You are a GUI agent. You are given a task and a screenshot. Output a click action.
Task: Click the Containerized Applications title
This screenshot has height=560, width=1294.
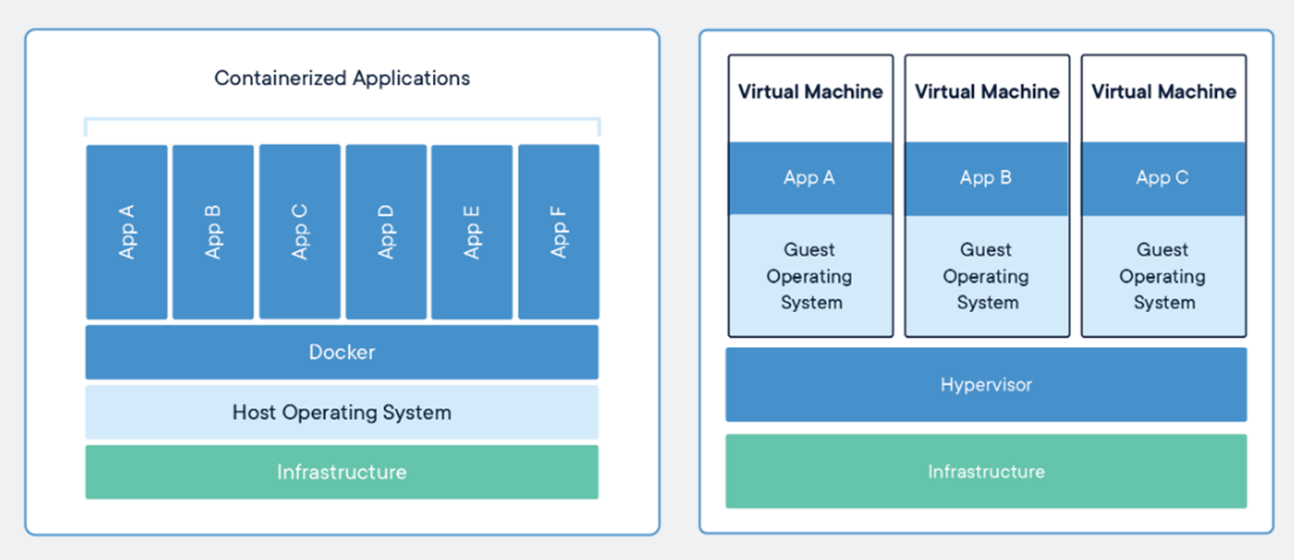[342, 78]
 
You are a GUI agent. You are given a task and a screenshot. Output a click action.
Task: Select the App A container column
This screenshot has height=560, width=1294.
[126, 232]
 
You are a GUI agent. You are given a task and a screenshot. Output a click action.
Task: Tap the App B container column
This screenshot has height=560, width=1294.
[213, 232]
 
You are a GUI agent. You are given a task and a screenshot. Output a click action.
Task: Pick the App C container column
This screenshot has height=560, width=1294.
[300, 231]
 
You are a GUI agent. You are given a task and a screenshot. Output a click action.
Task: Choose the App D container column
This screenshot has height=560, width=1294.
[386, 231]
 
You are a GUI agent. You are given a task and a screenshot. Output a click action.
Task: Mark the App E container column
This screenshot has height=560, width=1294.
[472, 232]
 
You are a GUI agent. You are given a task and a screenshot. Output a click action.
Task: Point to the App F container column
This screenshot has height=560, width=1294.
[558, 231]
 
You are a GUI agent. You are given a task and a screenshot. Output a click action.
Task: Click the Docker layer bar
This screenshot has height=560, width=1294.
[342, 352]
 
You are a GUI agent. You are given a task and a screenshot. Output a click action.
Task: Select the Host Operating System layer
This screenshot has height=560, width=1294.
[342, 412]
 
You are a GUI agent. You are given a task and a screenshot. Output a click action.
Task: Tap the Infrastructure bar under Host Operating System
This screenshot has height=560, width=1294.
[342, 472]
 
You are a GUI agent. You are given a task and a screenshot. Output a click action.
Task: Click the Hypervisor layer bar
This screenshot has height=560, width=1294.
[986, 385]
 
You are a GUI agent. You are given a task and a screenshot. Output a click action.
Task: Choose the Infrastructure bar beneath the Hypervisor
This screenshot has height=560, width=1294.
[986, 471]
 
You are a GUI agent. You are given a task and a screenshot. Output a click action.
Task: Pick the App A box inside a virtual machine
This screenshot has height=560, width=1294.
[811, 178]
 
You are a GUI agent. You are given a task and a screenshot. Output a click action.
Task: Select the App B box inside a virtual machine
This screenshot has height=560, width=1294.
[987, 178]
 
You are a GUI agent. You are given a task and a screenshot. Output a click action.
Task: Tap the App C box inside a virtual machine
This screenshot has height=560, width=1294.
[1163, 178]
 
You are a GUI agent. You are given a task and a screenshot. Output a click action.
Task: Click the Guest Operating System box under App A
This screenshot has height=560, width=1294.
[811, 275]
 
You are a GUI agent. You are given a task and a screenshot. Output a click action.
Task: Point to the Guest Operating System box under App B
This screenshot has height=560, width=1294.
[987, 276]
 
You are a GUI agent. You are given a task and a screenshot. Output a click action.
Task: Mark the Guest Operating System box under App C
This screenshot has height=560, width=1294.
[1163, 276]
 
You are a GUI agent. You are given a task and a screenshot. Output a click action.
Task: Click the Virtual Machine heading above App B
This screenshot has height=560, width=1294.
[987, 91]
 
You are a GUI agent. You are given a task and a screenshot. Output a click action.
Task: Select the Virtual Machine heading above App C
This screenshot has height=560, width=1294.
[1164, 91]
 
